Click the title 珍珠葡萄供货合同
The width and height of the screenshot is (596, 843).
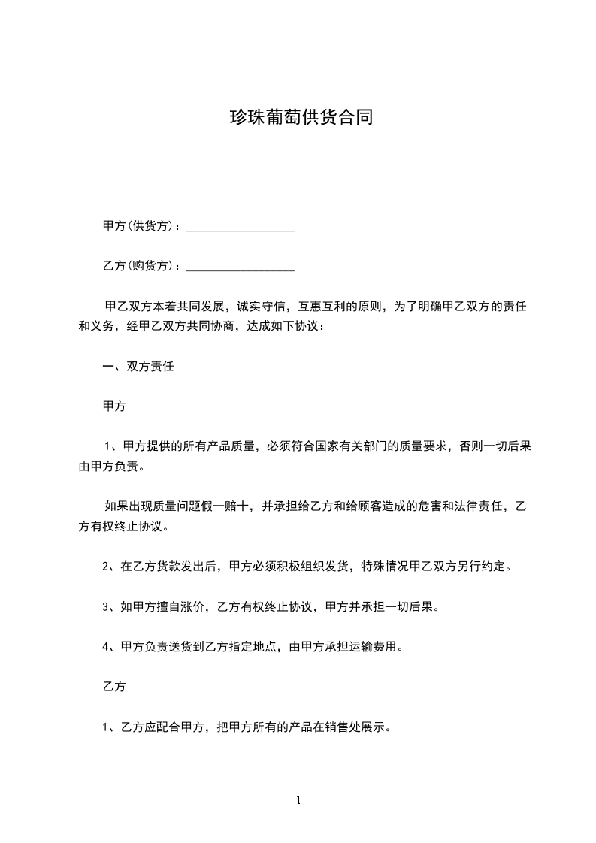tap(301, 118)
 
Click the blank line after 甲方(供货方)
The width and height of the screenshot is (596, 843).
tap(240, 228)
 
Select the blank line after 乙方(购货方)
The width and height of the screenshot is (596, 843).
tap(240, 267)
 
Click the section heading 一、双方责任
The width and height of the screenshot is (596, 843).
tap(138, 367)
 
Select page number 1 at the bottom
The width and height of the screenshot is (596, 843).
tap(298, 800)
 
